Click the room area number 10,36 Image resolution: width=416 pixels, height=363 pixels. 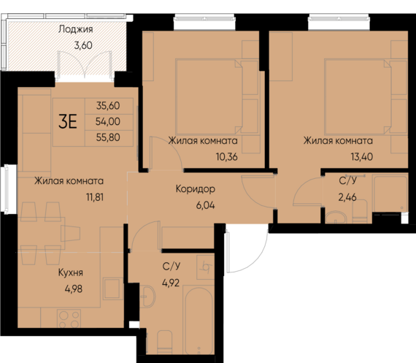pos(202,155)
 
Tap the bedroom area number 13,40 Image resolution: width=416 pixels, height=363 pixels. pos(338,155)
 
